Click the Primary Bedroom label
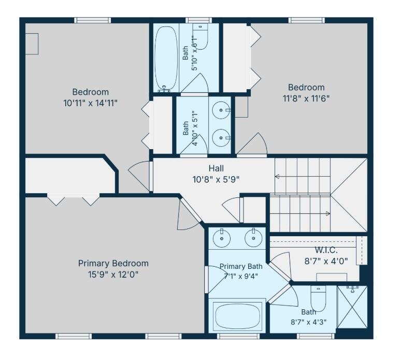(113, 263)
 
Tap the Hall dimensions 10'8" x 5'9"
(216, 180)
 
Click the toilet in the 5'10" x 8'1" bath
(200, 36)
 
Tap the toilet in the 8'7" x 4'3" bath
(318, 298)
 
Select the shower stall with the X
(352, 307)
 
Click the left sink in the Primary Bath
(222, 238)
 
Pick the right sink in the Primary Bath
(253, 238)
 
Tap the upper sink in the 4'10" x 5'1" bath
(221, 110)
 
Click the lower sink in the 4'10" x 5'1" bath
(221, 138)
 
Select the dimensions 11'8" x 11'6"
(306, 98)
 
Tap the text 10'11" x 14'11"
(90, 103)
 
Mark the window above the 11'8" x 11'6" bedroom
(307, 20)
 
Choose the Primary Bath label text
(241, 266)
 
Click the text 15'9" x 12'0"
(113, 275)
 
